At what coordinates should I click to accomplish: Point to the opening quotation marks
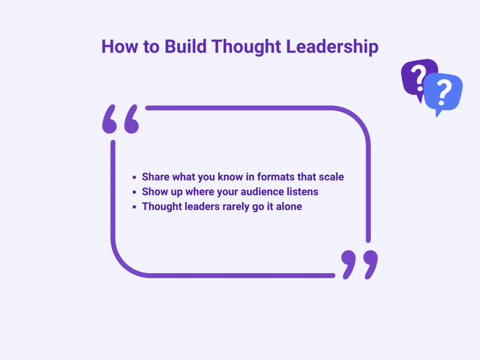point(120,119)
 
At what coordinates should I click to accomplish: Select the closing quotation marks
point(360,264)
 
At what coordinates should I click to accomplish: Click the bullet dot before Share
point(134,178)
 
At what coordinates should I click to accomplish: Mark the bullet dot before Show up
point(134,192)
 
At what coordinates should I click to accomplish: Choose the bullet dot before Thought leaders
point(134,207)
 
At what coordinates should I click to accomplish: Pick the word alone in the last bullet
point(289,206)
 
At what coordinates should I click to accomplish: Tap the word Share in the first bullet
point(156,177)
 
